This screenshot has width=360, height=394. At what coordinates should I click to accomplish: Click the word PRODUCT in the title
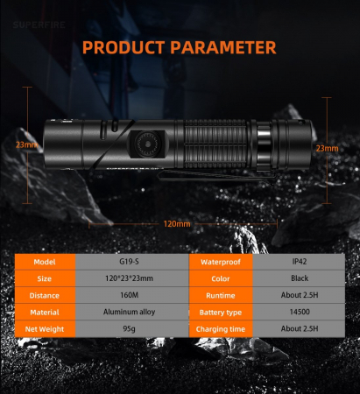(124, 47)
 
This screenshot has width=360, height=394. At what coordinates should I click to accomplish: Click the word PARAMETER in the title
(223, 47)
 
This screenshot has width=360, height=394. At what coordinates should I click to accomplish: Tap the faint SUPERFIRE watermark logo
(39, 25)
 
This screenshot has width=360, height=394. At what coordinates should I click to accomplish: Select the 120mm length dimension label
(177, 224)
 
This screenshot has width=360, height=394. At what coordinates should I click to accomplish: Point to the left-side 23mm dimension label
(27, 144)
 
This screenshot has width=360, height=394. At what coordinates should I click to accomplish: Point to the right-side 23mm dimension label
(327, 148)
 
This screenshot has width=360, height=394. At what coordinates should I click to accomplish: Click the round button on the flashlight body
(148, 144)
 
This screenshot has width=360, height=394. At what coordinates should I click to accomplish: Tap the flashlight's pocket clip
(216, 176)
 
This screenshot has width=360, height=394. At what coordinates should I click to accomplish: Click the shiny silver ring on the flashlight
(265, 145)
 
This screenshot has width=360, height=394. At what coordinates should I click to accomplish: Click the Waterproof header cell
(221, 262)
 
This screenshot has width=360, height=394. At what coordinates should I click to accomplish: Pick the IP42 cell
(299, 262)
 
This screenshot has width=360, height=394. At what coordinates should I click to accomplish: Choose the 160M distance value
(129, 295)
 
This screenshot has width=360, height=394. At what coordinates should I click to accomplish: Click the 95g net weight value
(129, 329)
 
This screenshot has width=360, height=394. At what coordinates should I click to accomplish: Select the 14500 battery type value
(300, 312)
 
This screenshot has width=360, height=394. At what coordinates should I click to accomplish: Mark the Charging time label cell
(221, 329)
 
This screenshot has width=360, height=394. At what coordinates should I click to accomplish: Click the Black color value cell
(299, 278)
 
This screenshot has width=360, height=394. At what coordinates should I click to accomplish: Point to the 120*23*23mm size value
(129, 278)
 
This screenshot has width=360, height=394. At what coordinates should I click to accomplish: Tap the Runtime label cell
(221, 295)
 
